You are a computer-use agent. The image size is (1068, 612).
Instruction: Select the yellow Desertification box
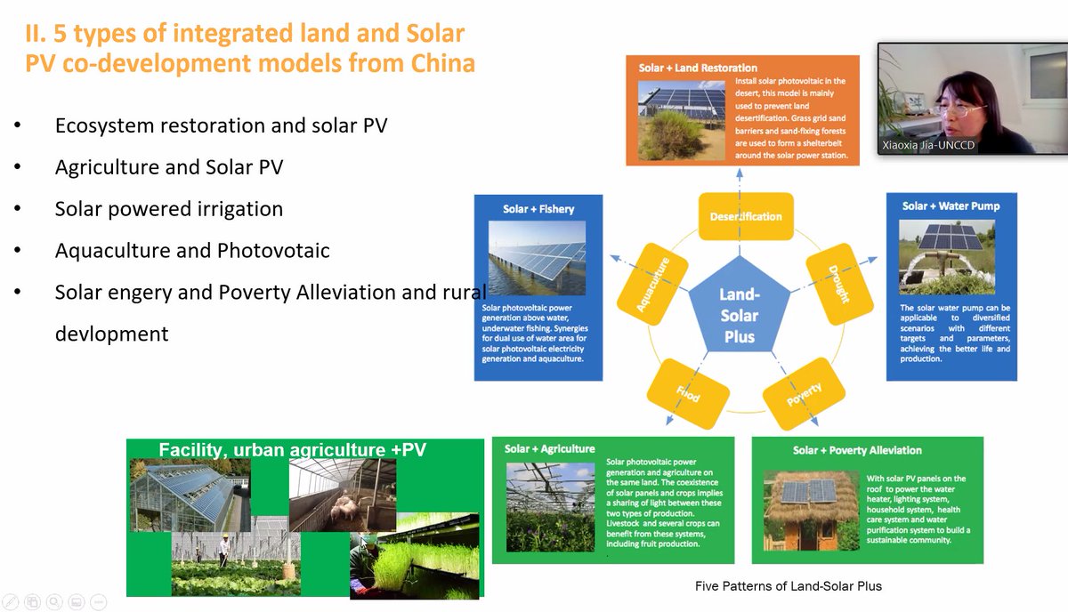pos(746,216)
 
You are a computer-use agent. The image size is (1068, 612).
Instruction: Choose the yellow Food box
pos(687,393)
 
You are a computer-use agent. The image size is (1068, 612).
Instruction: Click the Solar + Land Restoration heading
pos(698,68)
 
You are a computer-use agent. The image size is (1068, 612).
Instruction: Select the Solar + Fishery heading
pos(538,209)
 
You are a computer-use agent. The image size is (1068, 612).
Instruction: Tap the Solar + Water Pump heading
pos(951,205)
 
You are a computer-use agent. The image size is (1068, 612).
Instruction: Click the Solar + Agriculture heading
pos(549,448)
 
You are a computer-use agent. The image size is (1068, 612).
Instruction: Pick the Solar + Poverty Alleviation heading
pos(857,450)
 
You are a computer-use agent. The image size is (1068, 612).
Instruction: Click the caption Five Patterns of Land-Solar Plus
pos(788,585)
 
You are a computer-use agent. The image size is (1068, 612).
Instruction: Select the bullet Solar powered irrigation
pos(169,209)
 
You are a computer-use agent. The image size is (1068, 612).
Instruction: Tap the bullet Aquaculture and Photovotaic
pos(192,251)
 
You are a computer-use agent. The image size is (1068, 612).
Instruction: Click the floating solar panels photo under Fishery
pos(538,258)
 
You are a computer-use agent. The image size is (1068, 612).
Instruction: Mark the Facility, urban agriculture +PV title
pos(292,450)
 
